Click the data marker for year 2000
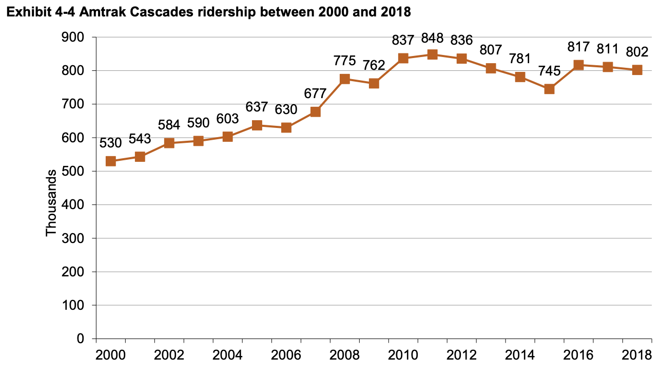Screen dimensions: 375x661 click(x=110, y=161)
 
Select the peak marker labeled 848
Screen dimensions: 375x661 click(x=432, y=54)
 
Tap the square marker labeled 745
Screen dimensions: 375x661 click(x=549, y=89)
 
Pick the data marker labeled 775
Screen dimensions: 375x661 click(x=344, y=79)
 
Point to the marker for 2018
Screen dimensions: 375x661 click(x=637, y=70)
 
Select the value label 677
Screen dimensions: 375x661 click(x=315, y=93)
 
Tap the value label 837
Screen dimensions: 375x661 click(x=403, y=40)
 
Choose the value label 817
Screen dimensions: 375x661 click(x=578, y=47)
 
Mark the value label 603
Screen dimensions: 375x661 click(x=227, y=119)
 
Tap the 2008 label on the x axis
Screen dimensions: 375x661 click(x=344, y=355)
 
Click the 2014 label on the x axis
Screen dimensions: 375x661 click(x=520, y=355)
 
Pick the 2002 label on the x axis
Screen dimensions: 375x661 click(x=169, y=355)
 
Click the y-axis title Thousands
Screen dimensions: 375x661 click(x=51, y=206)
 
